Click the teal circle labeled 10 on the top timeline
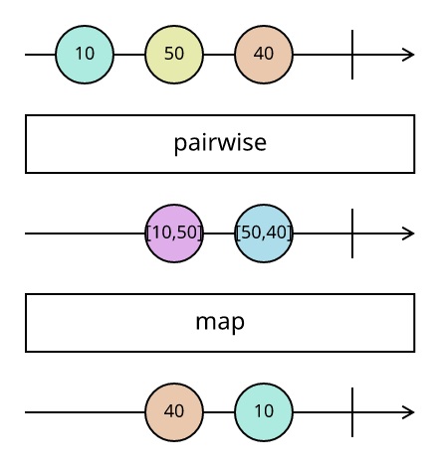click(x=85, y=55)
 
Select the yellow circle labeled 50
click(x=174, y=55)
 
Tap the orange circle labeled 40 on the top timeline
click(x=264, y=55)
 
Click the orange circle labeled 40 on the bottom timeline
click(x=174, y=412)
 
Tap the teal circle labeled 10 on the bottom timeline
click(x=264, y=412)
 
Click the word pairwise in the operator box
click(x=220, y=143)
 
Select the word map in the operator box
click(x=220, y=323)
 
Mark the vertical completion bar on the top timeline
click(x=352, y=55)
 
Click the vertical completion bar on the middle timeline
click(x=352, y=233)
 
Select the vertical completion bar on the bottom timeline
click(x=352, y=412)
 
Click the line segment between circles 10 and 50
click(x=129, y=55)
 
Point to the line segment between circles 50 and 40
click(x=219, y=55)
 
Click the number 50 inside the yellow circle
click(x=174, y=54)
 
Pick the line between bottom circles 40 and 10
click(x=219, y=412)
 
